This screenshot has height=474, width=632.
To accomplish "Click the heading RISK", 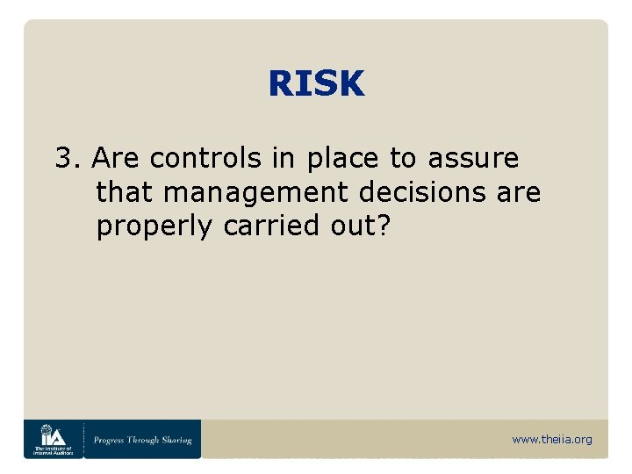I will coord(316,84).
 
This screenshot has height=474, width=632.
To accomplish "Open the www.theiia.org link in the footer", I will coord(551,439).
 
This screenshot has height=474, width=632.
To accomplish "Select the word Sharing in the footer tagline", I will coord(175,440).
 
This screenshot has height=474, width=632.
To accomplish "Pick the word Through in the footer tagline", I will coord(144,440).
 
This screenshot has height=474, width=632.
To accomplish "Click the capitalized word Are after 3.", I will coord(117,159).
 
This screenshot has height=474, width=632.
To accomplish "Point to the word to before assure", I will coord(403,159).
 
